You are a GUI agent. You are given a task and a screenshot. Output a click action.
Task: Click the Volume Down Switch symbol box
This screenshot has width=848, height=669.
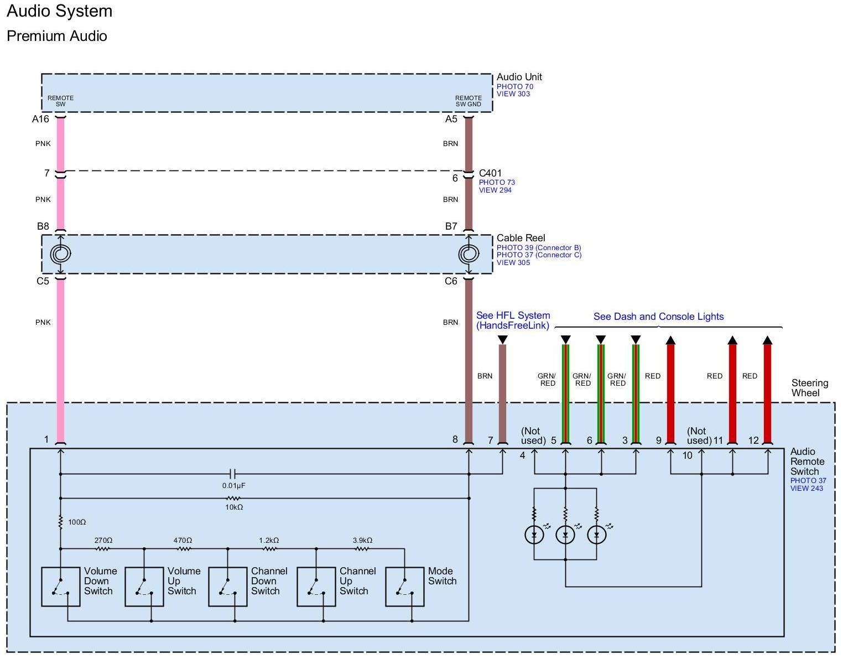(x=61, y=587)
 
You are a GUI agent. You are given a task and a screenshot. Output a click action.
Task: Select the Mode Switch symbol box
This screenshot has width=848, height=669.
(x=404, y=587)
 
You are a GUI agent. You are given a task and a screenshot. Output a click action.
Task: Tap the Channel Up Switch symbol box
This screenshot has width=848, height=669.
(x=316, y=587)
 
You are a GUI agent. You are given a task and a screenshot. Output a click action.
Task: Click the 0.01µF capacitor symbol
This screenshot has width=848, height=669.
(x=233, y=474)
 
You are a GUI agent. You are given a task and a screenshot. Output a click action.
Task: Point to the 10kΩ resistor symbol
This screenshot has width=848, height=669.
(x=233, y=499)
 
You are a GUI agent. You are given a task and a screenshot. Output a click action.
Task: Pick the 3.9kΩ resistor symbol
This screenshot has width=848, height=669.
(x=362, y=549)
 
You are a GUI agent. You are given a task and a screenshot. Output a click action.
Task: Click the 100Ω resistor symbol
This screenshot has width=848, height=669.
(x=61, y=522)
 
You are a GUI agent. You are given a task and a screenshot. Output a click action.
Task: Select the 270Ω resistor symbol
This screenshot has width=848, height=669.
(x=103, y=549)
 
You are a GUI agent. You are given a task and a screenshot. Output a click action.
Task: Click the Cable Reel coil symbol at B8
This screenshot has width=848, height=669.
(x=61, y=254)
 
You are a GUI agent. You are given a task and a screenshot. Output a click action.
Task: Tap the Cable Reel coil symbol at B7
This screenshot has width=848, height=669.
(x=469, y=254)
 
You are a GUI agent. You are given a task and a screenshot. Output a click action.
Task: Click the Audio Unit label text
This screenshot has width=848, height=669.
(x=519, y=77)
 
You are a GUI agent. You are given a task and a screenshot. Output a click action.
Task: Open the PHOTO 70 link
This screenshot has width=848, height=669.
(x=514, y=87)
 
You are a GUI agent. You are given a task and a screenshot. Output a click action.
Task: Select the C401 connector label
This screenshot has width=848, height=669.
(x=490, y=173)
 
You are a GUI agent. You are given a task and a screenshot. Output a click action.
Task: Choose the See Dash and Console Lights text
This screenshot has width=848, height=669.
(x=658, y=317)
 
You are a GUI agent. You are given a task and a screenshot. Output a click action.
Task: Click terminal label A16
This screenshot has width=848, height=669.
(x=40, y=119)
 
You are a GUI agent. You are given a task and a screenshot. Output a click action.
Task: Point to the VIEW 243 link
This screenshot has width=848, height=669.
(x=807, y=488)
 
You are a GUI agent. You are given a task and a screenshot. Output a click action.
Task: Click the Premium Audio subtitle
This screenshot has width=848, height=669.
(x=57, y=36)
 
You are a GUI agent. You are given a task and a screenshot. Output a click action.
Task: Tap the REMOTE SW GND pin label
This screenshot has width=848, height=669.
(x=468, y=101)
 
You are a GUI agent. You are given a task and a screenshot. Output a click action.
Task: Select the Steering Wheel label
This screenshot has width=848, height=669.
(x=809, y=388)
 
